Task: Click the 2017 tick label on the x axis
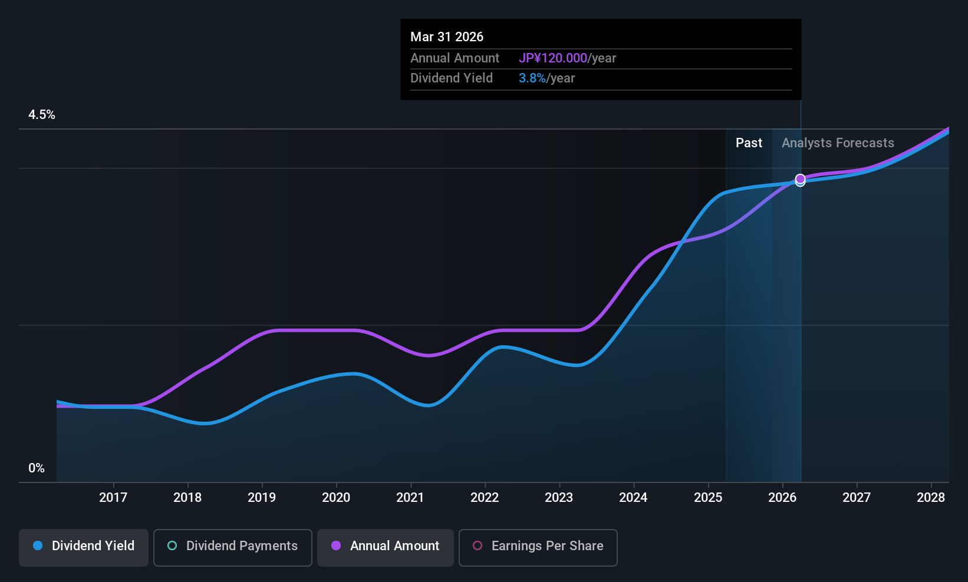coord(113,498)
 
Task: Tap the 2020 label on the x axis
coord(336,498)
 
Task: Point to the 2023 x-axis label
coord(559,498)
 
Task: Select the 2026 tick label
coord(782,498)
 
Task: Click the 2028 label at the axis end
coord(931,498)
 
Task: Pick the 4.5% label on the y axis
coord(42,115)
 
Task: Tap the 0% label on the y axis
coord(37,468)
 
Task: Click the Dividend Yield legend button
coord(84,546)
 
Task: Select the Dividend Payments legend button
coord(233,546)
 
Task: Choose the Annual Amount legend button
coord(386,546)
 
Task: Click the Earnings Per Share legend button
coord(538,546)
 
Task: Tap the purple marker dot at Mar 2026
coord(800,178)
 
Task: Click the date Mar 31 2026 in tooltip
coord(447,37)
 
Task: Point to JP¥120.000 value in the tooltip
coord(553,58)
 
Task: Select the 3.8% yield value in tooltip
coord(532,78)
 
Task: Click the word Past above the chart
coord(749,143)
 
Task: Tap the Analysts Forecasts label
coord(838,143)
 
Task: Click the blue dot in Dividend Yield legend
coord(38,546)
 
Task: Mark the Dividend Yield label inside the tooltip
coord(452,78)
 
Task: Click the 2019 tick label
coord(262,498)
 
